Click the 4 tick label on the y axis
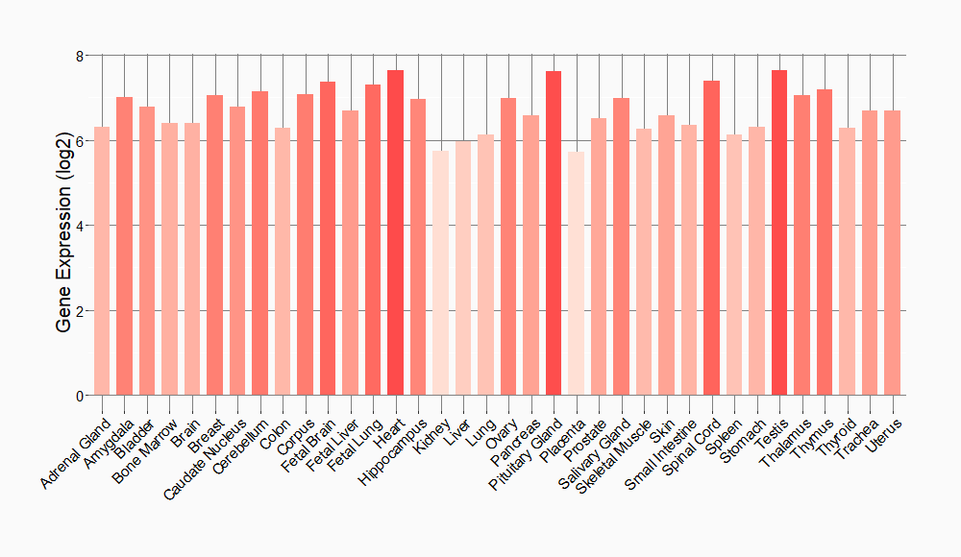click(x=81, y=226)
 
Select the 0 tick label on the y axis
click(x=81, y=396)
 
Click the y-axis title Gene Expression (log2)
click(x=64, y=226)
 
